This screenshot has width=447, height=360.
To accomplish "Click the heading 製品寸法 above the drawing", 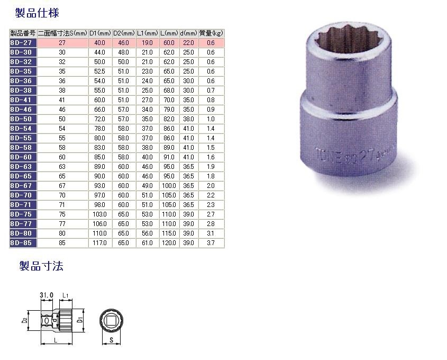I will pos(41,265).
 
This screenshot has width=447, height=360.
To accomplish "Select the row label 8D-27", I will pos(22,42).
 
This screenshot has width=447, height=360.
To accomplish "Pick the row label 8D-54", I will pos(22,128).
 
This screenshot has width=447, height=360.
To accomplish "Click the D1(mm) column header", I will pos(100,33).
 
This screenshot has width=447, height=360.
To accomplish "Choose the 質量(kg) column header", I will pos(211,33).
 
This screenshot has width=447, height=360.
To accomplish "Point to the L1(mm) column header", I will pos(148,33).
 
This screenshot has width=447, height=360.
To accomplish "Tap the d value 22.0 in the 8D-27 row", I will pos(188,42).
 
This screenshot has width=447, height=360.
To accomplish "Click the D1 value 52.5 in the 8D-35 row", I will pos(100,71).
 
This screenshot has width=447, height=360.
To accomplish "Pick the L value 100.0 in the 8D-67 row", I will pos(169,185).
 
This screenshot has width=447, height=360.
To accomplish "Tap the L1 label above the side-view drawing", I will pos(65,294).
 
